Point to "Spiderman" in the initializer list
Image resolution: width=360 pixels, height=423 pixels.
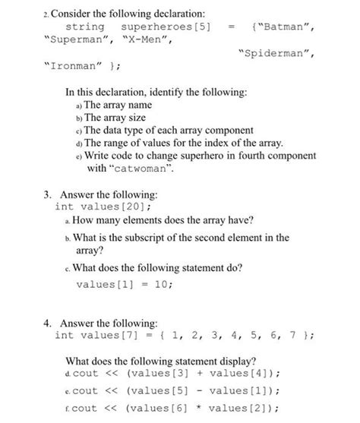(273, 55)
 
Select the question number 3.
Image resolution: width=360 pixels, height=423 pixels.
(45, 194)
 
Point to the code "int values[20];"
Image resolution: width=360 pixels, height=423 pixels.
(99, 207)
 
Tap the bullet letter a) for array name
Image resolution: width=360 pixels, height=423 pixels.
(77, 105)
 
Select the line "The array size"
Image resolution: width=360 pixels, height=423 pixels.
(116, 118)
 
